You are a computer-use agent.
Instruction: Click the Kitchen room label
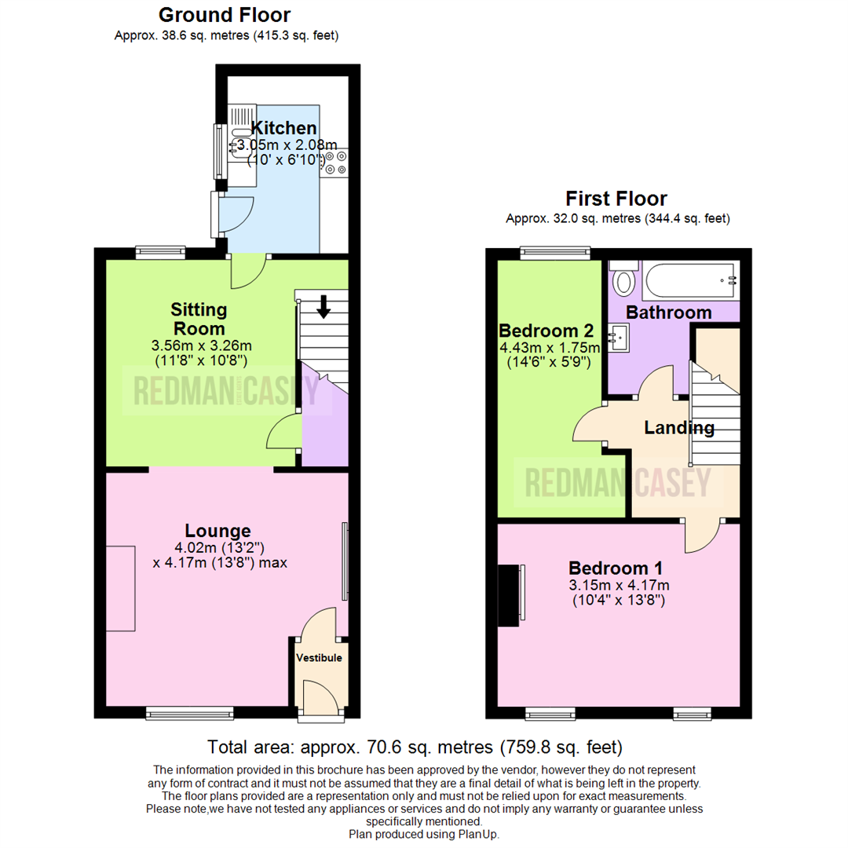coord(272,128)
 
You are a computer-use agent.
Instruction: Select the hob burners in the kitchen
coord(334,161)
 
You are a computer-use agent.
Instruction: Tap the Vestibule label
coord(319,658)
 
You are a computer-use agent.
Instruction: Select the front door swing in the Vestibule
coord(320,697)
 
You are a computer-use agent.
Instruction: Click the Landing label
coord(678,428)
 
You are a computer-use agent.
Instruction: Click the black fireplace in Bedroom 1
coord(509,596)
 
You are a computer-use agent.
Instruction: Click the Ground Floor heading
coord(224,15)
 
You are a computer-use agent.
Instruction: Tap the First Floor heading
coord(616,199)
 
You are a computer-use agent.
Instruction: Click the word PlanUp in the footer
coord(476,834)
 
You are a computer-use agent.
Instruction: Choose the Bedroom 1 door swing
coord(701,534)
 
